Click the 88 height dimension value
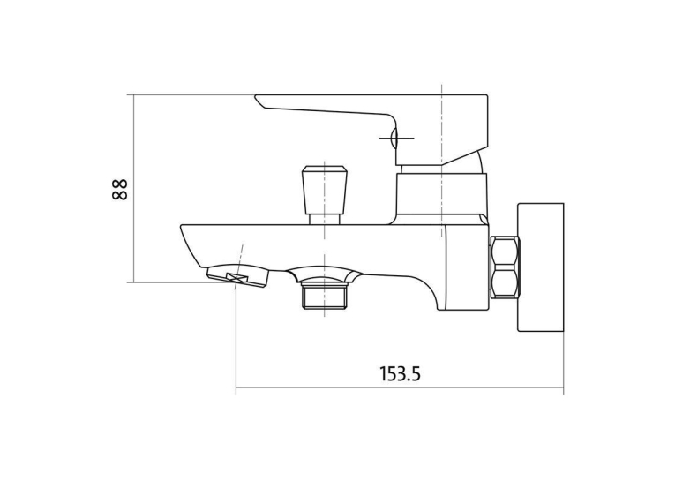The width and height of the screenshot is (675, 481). (x=120, y=189)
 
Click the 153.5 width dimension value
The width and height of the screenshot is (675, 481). (x=400, y=374)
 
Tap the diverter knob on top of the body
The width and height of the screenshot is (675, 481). (x=324, y=190)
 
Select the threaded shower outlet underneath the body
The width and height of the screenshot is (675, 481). (x=324, y=296)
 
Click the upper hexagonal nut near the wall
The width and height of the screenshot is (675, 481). (x=505, y=252)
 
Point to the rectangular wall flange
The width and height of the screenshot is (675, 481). (x=541, y=267)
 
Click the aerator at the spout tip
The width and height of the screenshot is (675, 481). (x=237, y=276)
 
